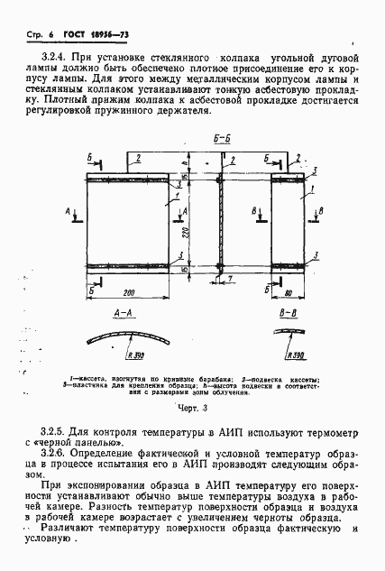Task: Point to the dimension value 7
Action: [x=231, y=281]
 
